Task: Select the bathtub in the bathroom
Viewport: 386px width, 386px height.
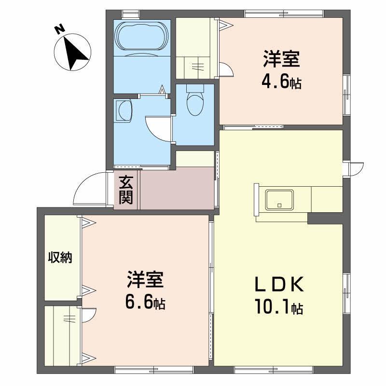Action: point(142,36)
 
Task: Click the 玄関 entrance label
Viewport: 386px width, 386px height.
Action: point(126,190)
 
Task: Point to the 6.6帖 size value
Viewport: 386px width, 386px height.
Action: point(145,303)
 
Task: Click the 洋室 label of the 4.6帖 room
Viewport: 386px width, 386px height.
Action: point(281,60)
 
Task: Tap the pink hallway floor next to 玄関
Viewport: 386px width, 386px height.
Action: point(177,189)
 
